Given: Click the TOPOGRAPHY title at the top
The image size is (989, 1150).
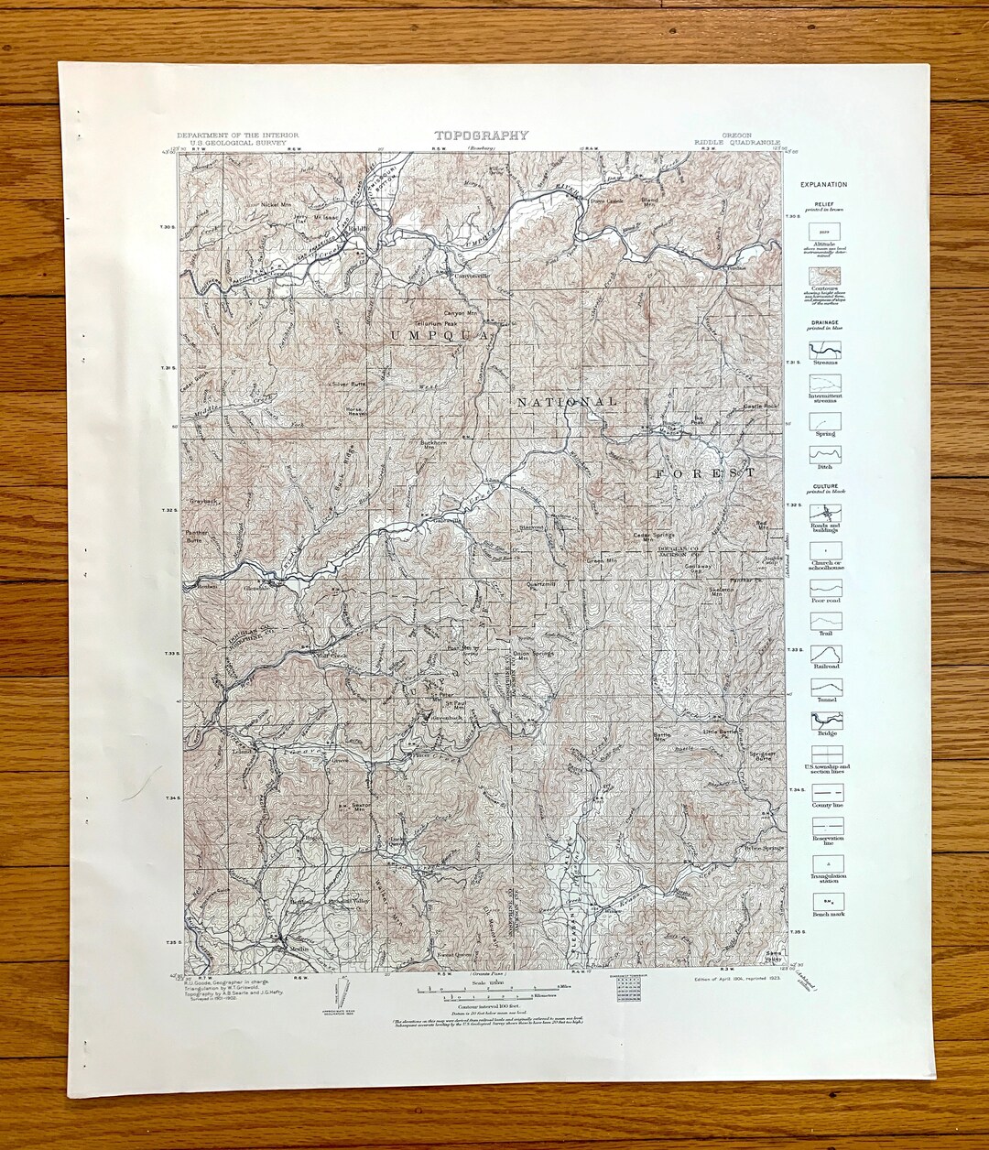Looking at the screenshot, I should tap(481, 136).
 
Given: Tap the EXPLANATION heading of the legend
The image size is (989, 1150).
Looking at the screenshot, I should tap(823, 185).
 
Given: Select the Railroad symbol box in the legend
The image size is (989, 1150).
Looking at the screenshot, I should tap(825, 654).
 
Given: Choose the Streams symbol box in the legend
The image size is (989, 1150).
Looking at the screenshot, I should tap(825, 350).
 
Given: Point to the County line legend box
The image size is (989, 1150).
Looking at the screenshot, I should tap(825, 792).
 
